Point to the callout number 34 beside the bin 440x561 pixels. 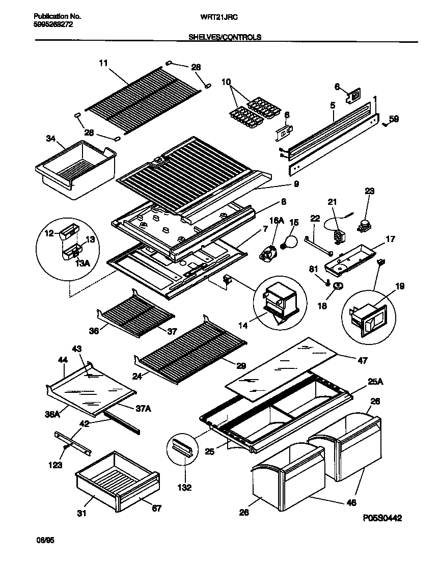(x=51, y=138)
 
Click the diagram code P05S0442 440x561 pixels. (x=382, y=518)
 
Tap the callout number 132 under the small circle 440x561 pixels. (x=184, y=488)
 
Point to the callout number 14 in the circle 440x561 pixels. (x=243, y=325)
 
